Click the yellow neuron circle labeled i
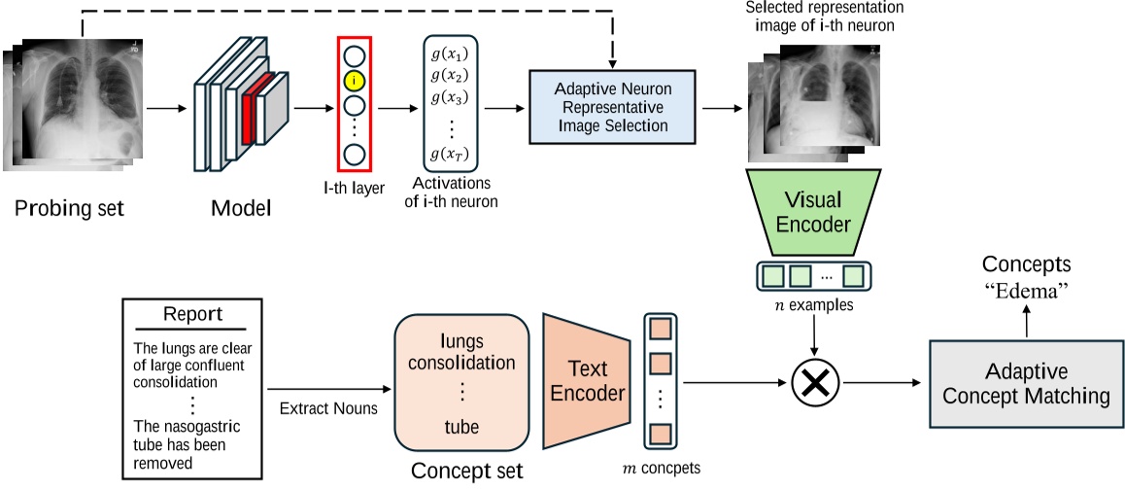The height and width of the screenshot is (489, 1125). click(x=354, y=80)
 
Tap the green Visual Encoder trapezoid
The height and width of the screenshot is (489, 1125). click(x=814, y=214)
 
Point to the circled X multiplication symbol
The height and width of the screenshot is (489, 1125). click(x=815, y=382)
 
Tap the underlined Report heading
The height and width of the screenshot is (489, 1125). click(x=192, y=315)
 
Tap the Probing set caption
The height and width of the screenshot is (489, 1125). click(x=70, y=209)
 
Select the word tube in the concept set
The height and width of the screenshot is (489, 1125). click(x=461, y=427)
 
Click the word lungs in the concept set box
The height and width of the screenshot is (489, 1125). click(x=461, y=342)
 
